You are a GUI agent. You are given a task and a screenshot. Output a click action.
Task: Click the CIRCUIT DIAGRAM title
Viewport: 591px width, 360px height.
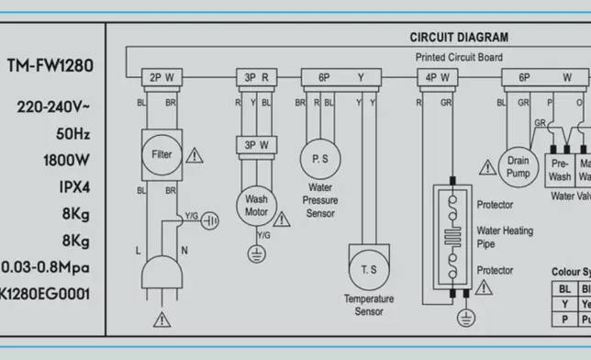click(x=458, y=38)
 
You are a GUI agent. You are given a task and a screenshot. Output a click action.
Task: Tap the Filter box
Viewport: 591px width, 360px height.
click(x=161, y=153)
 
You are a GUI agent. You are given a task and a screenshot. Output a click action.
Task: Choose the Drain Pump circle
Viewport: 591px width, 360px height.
click(x=518, y=166)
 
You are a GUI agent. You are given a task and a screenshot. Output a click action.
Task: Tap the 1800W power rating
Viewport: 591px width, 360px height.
click(x=66, y=161)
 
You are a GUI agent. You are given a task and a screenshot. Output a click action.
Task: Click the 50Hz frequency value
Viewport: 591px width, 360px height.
click(x=72, y=134)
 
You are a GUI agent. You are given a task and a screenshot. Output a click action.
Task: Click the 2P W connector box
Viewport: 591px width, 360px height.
click(x=161, y=77)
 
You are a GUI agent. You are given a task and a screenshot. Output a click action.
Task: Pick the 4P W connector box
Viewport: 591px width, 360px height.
click(x=437, y=77)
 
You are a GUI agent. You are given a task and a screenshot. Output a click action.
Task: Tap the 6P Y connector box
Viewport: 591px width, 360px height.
click(x=340, y=77)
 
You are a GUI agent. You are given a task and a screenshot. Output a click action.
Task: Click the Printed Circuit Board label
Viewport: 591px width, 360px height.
click(x=458, y=57)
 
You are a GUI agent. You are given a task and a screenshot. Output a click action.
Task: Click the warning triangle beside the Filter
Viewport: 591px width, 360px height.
click(x=194, y=155)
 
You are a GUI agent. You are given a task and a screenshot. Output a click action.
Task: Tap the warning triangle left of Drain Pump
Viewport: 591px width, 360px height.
click(x=486, y=167)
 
